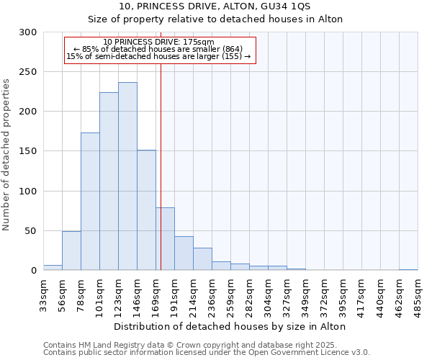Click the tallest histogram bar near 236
click(x=127, y=176)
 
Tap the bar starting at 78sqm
click(x=90, y=202)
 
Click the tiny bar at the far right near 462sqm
click(x=408, y=269)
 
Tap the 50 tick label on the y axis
click(x=31, y=231)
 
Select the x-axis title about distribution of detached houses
click(x=230, y=326)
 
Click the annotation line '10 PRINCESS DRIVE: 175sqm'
click(x=159, y=42)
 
